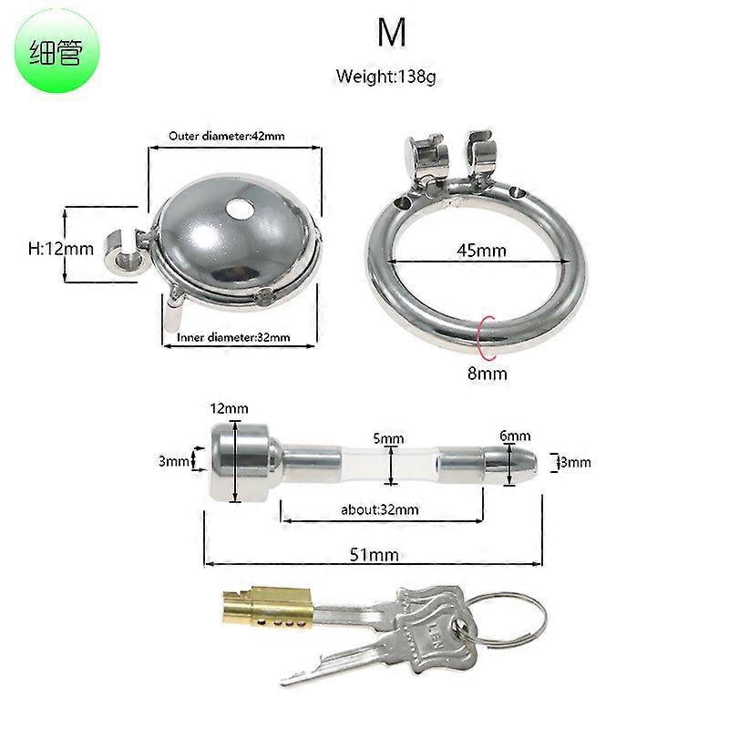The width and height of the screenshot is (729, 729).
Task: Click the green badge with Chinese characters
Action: point(56,51)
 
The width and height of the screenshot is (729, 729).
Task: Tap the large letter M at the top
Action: point(392,32)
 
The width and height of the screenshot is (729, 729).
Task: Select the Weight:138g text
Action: point(385,76)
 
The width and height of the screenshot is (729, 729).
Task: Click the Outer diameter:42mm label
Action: point(226,136)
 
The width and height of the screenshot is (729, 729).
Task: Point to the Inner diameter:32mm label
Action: point(233,337)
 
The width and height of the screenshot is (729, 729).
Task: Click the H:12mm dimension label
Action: point(61,249)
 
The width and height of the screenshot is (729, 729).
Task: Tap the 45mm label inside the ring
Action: point(481,251)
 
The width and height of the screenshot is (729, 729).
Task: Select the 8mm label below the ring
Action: point(488,374)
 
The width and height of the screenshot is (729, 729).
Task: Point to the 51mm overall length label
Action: point(375,555)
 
